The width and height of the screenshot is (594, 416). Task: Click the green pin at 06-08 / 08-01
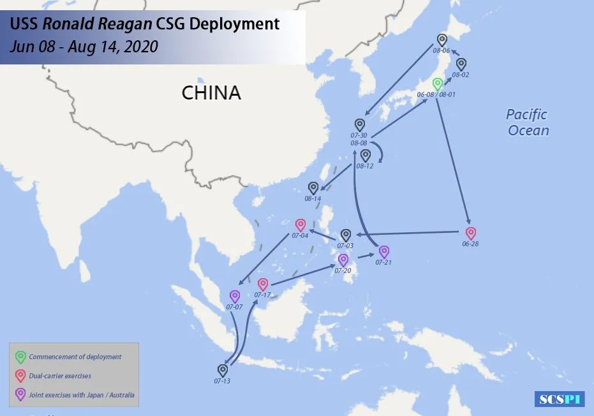coord(438,84)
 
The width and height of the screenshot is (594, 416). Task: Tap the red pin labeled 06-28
coord(470,234)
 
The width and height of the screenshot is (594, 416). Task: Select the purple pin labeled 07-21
coord(384,252)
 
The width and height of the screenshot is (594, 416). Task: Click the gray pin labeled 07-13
coord(223,370)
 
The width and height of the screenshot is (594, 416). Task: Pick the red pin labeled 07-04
coord(301,225)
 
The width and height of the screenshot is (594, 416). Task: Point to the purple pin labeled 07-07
coord(235,297)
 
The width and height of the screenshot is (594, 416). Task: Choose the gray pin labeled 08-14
coord(313,188)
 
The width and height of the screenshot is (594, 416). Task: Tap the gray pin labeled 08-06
coord(442,40)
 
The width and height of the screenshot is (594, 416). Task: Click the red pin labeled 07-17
coord(263,284)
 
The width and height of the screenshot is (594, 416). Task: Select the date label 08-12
coord(365,166)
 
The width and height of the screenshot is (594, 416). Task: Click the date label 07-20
coord(343,271)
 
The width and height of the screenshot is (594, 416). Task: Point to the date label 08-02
coord(461,75)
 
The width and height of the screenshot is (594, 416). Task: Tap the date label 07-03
coord(346,246)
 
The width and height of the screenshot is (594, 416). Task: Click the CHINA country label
coord(211,93)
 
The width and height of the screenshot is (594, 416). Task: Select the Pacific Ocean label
coord(528,123)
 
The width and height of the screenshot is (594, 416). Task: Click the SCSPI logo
coord(560,399)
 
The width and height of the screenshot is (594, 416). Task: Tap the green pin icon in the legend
coord(20,357)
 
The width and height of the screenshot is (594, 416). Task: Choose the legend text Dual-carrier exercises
coord(60,376)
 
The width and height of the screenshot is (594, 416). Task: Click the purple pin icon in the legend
coord(20,395)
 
